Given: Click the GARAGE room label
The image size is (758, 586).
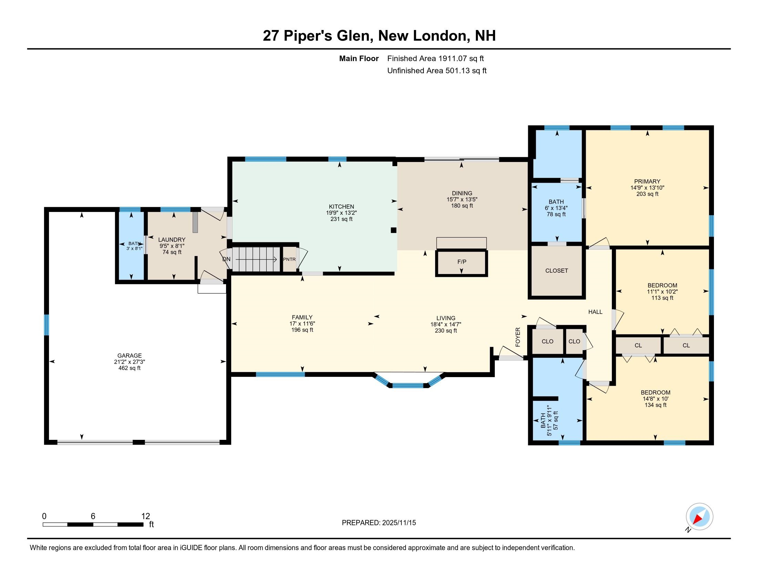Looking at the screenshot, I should [130, 355].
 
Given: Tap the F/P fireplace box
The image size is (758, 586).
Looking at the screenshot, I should [461, 262].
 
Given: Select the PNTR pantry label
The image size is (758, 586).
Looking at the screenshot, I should [289, 259].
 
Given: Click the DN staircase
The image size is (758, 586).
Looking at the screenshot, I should [256, 259].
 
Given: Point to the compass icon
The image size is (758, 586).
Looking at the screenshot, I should [699, 517].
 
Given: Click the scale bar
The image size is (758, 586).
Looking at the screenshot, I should [93, 524].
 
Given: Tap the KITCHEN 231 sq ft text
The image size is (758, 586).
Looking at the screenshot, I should [341, 219].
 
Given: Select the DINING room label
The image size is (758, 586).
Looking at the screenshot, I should [462, 193].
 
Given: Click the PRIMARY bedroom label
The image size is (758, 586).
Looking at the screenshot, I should [647, 182].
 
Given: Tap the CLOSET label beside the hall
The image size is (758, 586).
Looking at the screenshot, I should [556, 271].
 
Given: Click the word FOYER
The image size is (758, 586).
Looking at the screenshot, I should [518, 337].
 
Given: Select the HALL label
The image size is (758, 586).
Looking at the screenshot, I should [595, 312].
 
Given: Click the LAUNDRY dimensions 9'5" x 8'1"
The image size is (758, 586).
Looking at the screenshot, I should [172, 246].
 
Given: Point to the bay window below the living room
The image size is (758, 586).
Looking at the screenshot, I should [408, 385].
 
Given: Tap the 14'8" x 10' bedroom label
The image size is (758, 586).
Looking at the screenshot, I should [655, 399].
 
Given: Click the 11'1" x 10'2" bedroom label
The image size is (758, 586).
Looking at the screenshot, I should [662, 292].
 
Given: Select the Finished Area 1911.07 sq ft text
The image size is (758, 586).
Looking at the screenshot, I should [435, 59].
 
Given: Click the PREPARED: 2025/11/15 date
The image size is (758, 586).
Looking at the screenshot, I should [379, 523].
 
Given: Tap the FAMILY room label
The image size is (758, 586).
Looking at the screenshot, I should [302, 317].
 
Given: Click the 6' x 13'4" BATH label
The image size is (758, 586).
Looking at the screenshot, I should [556, 208].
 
